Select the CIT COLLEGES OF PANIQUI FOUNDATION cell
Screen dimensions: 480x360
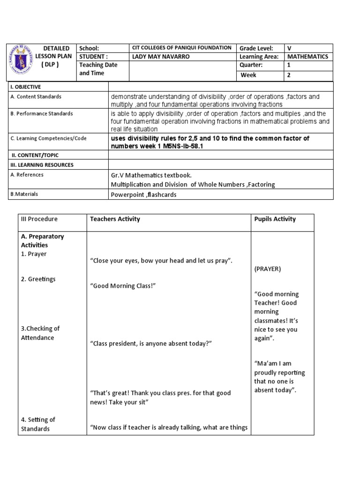click(182, 48)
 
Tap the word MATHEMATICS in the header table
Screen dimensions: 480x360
click(307, 57)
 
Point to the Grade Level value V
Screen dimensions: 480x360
click(289, 48)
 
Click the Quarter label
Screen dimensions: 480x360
click(251, 66)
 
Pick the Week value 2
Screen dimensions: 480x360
click(289, 75)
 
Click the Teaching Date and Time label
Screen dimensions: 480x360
click(98, 69)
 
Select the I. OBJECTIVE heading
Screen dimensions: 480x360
click(26, 87)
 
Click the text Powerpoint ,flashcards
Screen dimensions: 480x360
click(143, 195)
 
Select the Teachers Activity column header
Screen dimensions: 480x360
click(115, 219)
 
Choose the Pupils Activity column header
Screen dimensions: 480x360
click(275, 219)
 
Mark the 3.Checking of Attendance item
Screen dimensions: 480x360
click(40, 333)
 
